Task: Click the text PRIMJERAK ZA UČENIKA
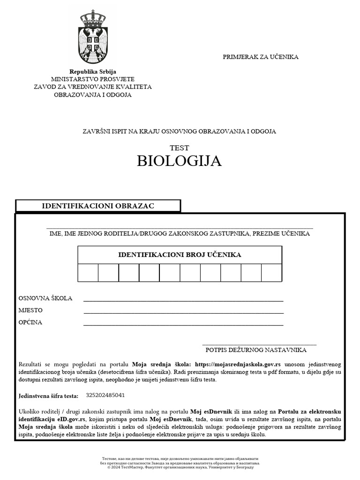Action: pos(260,57)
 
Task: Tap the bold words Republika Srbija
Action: pos(93,72)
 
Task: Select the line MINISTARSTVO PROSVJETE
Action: pos(93,79)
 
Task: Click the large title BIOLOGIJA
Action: pos(179,161)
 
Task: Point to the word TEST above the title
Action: pos(180,148)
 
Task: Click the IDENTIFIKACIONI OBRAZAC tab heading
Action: pos(98,206)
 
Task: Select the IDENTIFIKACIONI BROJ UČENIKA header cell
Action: pos(180,255)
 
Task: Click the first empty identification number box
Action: pos(88,273)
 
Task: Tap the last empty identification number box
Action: pos(271,273)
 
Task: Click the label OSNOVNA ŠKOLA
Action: pos(45,298)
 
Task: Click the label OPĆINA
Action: pos(30,322)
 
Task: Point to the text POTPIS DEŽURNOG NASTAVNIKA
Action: pos(256,350)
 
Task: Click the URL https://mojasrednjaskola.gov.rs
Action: pos(238,364)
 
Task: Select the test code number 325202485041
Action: pos(105,395)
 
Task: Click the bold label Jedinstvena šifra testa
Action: pos(49,396)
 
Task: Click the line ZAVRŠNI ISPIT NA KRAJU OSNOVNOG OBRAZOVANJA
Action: pos(180,131)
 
